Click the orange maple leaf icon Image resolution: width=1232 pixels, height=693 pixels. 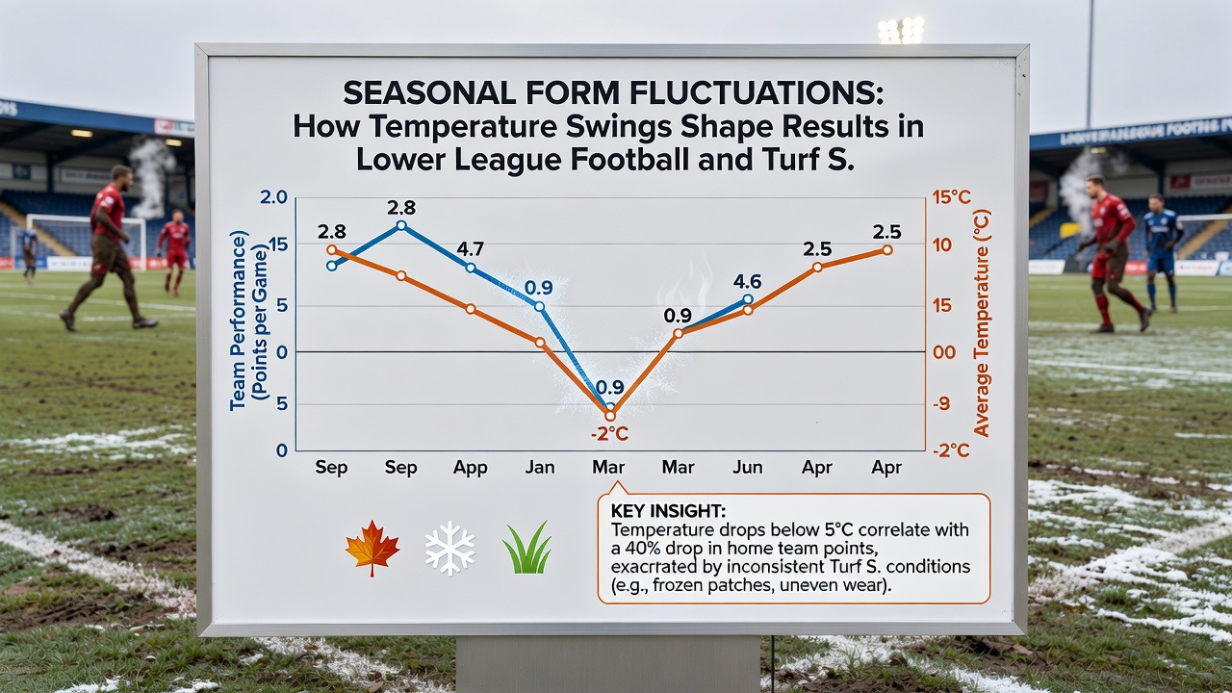[x=372, y=548]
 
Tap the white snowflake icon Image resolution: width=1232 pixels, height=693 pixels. [x=449, y=548]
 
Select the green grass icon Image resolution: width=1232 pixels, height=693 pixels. [x=526, y=548]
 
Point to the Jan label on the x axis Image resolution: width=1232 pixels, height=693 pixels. [x=540, y=468]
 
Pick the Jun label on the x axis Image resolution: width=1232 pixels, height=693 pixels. [x=748, y=468]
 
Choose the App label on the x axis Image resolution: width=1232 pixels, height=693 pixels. [x=471, y=468]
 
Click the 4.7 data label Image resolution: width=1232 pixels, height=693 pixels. [x=471, y=249]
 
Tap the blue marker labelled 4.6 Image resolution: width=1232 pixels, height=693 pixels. [x=748, y=299]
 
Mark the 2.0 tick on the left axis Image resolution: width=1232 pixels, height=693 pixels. [x=273, y=197]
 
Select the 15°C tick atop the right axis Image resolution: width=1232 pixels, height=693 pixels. [x=951, y=197]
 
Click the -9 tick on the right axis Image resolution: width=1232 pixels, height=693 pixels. [x=941, y=403]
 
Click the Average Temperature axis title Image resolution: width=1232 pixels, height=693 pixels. [x=981, y=323]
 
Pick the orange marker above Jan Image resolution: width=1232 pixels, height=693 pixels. [x=540, y=342]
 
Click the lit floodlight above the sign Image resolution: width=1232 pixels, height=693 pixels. [x=901, y=30]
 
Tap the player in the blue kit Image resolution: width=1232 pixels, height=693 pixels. [x=1162, y=251]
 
